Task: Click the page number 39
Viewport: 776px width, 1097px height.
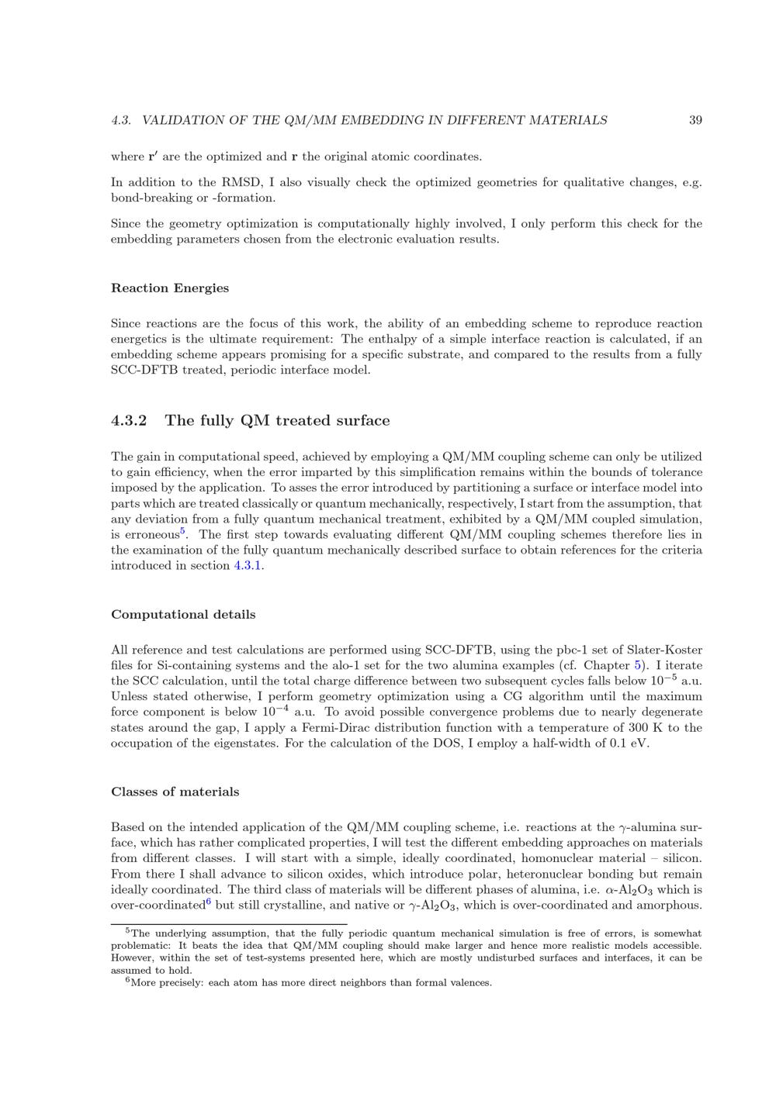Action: coord(695,120)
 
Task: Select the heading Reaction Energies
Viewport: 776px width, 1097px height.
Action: coord(170,288)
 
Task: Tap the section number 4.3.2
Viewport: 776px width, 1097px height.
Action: coord(129,421)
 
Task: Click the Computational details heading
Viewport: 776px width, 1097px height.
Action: coord(183,615)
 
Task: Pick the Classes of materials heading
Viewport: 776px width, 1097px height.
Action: coord(175,792)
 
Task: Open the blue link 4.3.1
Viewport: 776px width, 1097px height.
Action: coord(248,566)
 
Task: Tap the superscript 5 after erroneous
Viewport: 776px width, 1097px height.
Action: coord(182,531)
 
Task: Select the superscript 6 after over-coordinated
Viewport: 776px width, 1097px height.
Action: coord(209,902)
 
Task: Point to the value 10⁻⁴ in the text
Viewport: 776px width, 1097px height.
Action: coord(274,710)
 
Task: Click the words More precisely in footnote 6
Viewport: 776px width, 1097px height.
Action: coord(169,983)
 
